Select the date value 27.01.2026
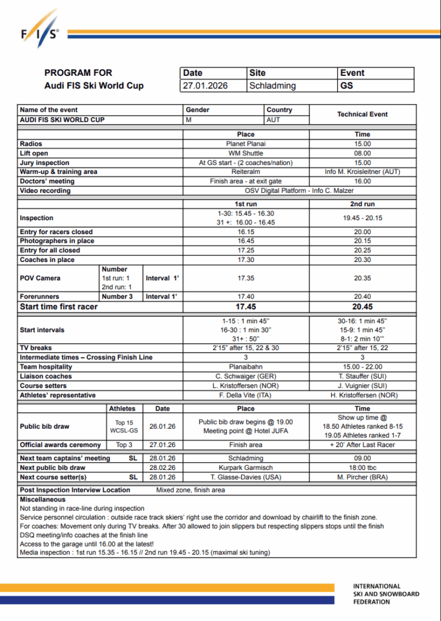(x=206, y=86)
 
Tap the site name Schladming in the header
(x=272, y=86)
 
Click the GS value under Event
(x=347, y=86)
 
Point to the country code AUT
(x=274, y=120)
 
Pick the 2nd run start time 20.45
(x=362, y=306)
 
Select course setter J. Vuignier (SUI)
(x=362, y=386)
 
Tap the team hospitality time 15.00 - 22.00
(x=362, y=367)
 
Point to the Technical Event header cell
(x=362, y=114)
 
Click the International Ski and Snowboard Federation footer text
(x=386, y=594)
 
